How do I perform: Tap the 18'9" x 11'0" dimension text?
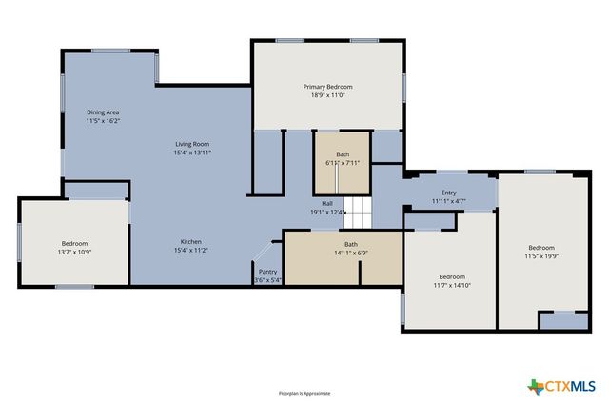[328, 95]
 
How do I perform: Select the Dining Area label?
[103, 112]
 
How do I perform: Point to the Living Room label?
[191, 144]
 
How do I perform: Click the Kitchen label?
[191, 242]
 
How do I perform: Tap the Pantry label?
[267, 272]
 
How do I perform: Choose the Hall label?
[327, 203]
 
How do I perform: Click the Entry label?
[448, 193]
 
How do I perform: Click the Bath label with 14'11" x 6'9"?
[351, 245]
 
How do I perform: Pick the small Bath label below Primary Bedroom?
[343, 154]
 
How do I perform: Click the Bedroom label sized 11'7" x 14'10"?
[452, 277]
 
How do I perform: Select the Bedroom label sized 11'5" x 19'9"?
[540, 248]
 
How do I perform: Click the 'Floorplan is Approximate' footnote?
[304, 393]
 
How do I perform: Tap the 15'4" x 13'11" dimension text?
[191, 153]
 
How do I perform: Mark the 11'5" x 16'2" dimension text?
[103, 121]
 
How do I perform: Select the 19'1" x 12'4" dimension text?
[327, 212]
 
